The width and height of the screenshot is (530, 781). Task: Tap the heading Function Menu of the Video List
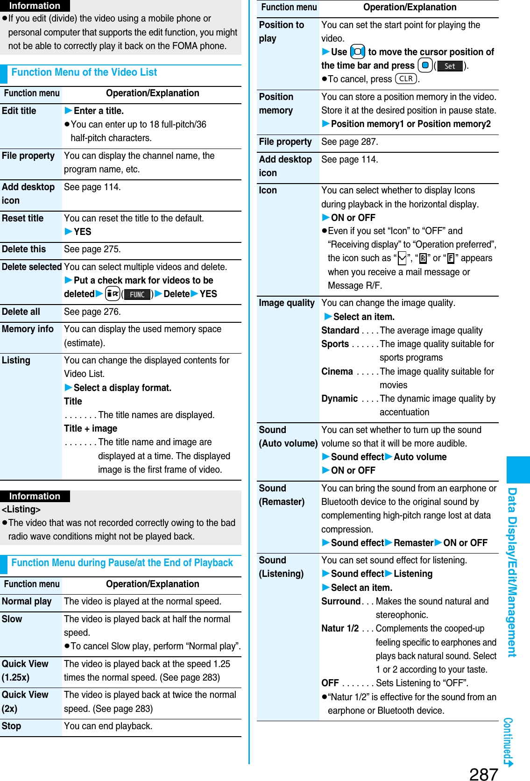[84, 72]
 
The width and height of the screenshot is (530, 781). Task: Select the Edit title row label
[19, 111]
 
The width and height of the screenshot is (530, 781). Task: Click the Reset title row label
[22, 218]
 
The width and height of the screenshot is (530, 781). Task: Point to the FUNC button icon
[137, 294]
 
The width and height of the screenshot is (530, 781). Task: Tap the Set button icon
[450, 66]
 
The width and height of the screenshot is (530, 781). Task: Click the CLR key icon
[406, 79]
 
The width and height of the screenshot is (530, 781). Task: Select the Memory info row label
[28, 329]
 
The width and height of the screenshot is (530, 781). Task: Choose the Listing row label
[16, 360]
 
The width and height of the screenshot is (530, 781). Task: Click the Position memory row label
[276, 103]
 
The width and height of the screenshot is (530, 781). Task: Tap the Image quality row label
[287, 303]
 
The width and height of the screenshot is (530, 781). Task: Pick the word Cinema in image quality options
[337, 371]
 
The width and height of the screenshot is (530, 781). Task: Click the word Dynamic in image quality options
[339, 398]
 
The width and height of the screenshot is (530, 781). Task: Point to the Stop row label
[11, 726]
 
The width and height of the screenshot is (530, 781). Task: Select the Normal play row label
[27, 601]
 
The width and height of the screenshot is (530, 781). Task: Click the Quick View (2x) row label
[25, 701]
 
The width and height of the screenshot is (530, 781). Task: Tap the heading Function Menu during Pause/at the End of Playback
[122, 563]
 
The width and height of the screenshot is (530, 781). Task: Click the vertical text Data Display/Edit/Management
[512, 572]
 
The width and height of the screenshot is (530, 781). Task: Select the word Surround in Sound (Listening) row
[341, 601]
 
